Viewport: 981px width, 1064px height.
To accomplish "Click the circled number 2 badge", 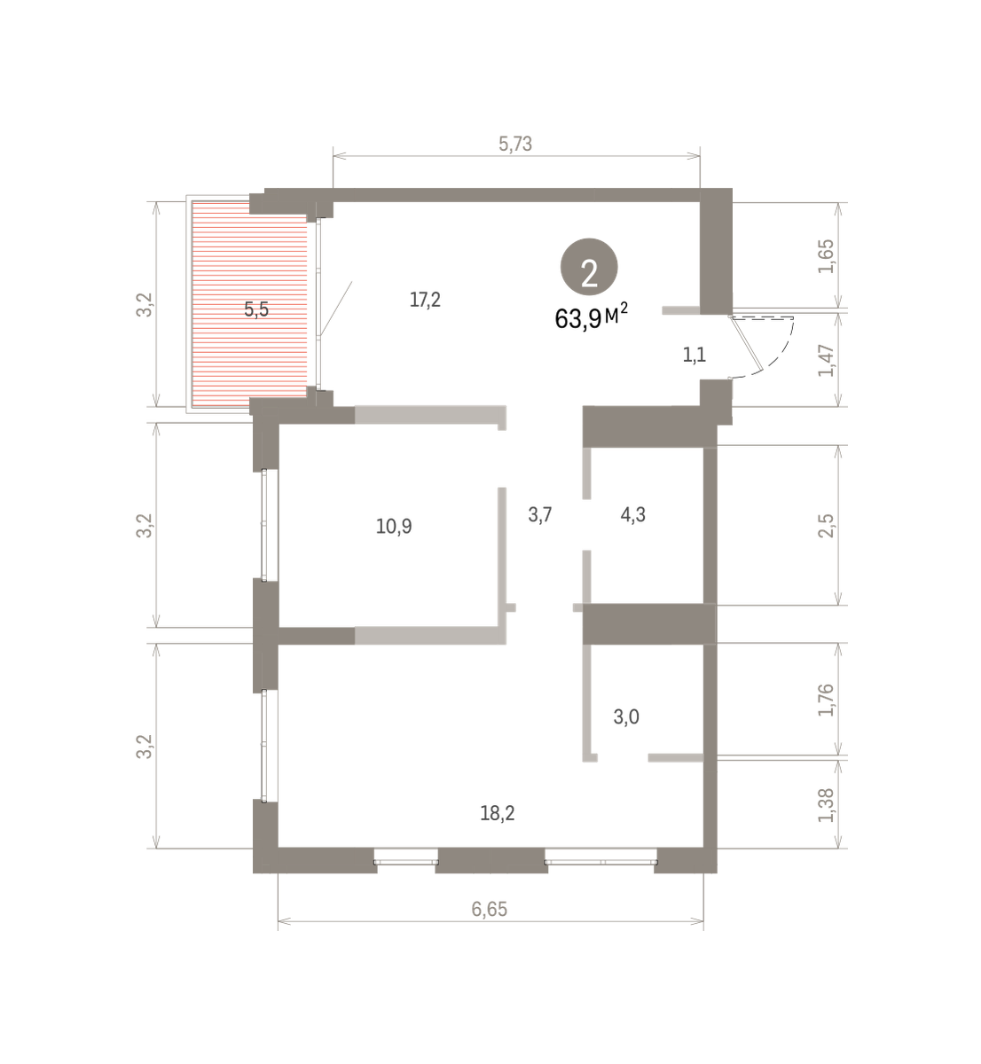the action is pyautogui.click(x=589, y=267).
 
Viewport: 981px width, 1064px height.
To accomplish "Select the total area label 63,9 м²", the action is pyautogui.click(x=592, y=317).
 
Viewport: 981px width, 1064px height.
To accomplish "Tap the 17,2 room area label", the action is pyautogui.click(x=425, y=301).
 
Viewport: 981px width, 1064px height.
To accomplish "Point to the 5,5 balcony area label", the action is pyautogui.click(x=256, y=309).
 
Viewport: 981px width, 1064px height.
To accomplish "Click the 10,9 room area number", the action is pyautogui.click(x=394, y=526).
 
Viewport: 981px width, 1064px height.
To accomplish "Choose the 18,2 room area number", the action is pyautogui.click(x=498, y=813).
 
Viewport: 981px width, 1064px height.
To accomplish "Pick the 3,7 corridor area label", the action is pyautogui.click(x=540, y=514).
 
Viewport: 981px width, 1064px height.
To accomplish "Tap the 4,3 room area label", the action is pyautogui.click(x=632, y=514).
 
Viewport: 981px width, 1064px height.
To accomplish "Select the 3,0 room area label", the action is pyautogui.click(x=626, y=717).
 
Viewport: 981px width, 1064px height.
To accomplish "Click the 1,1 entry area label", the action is pyautogui.click(x=695, y=355).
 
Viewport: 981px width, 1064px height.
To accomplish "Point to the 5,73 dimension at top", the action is pyautogui.click(x=515, y=144).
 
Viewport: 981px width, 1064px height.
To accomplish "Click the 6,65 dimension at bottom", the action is pyautogui.click(x=490, y=909).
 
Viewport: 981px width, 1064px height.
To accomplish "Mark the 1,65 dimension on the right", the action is pyautogui.click(x=827, y=257).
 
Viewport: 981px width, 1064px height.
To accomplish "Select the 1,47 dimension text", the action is pyautogui.click(x=827, y=361).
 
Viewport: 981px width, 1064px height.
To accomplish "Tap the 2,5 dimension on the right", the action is pyautogui.click(x=827, y=526).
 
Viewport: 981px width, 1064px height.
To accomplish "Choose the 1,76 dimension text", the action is pyautogui.click(x=827, y=700).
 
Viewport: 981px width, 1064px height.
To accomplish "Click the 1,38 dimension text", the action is pyautogui.click(x=827, y=805).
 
